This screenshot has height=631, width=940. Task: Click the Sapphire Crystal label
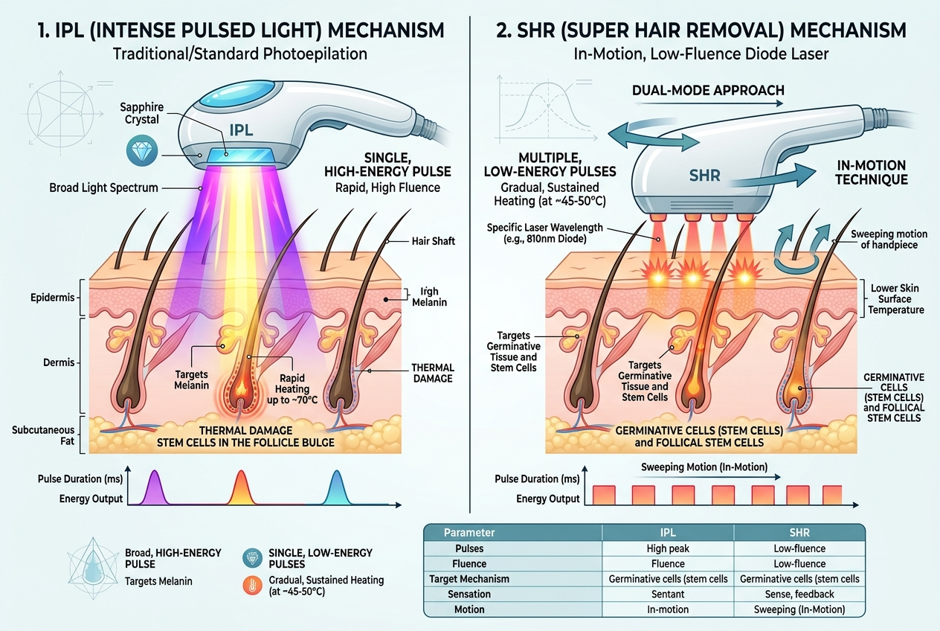(x=142, y=112)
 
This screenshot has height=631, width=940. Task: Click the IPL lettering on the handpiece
(x=241, y=129)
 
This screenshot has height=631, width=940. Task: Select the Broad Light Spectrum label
(x=104, y=188)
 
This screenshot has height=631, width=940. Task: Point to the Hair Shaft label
(x=435, y=241)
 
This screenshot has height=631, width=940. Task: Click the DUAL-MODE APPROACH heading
(x=707, y=90)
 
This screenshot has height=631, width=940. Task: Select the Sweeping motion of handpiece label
(x=883, y=239)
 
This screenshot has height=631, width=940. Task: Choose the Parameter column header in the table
(x=469, y=533)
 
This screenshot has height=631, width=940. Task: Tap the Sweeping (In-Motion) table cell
(x=799, y=609)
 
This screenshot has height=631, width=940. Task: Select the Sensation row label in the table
(x=469, y=594)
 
